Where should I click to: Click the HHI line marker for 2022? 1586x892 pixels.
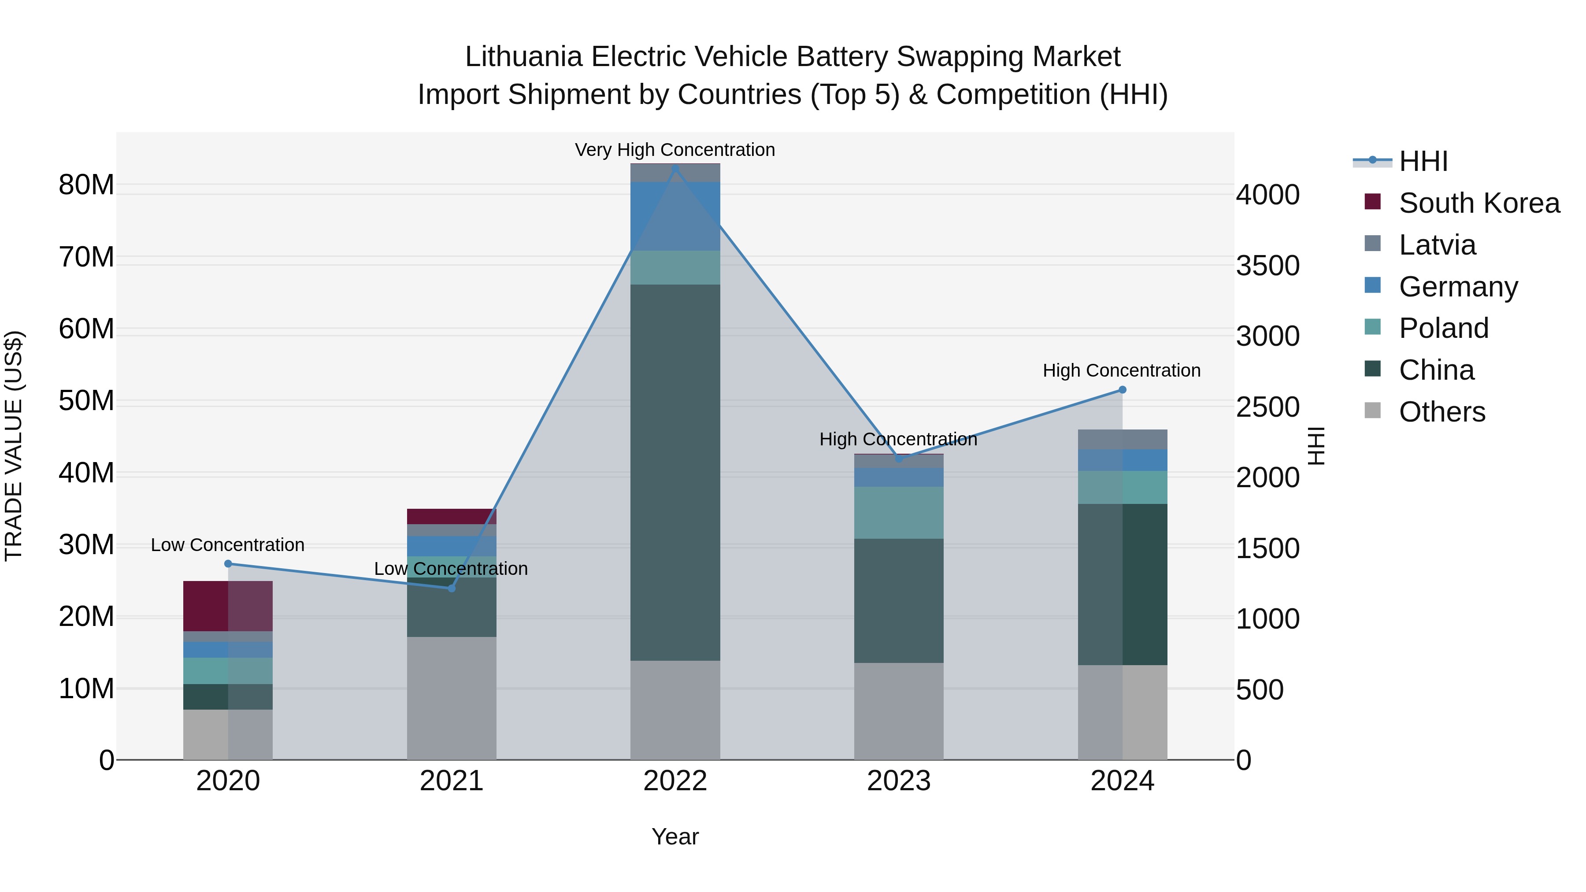[x=675, y=169]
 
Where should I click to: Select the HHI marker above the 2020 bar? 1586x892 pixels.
[x=228, y=564]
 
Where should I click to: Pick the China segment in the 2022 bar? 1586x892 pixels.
[x=675, y=472]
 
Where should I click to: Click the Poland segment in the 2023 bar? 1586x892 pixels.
[x=898, y=513]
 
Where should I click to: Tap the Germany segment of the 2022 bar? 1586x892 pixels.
[x=675, y=216]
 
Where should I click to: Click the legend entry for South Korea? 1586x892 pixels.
[x=1478, y=203]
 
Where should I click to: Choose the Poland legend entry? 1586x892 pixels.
[x=1443, y=328]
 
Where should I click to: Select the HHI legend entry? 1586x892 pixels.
[x=1423, y=161]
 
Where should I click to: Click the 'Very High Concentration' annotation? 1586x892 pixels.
[x=675, y=150]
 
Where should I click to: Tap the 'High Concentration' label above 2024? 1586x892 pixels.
[x=1121, y=370]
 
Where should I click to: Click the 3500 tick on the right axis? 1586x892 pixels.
[x=1267, y=266]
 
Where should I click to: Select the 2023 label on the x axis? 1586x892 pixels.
[x=898, y=781]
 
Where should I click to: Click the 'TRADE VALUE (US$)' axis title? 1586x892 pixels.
[x=14, y=446]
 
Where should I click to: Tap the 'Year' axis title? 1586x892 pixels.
[x=675, y=836]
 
